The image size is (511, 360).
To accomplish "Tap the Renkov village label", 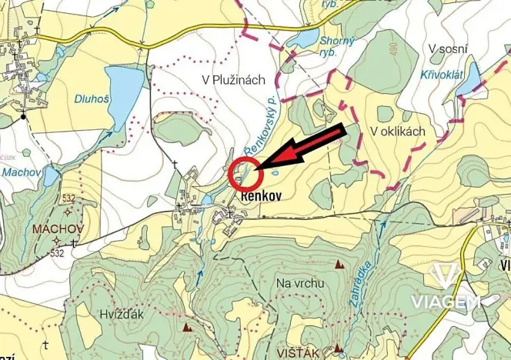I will tap(261, 196).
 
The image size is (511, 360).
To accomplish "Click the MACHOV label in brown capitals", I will tap(52, 229).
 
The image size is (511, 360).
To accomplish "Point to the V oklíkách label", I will tap(398, 132).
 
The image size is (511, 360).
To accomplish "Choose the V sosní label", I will tap(448, 50).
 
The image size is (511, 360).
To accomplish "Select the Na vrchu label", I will tap(299, 283).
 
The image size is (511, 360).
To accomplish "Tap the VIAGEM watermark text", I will tap(445, 301).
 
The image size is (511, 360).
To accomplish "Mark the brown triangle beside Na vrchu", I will tap(339, 265).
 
